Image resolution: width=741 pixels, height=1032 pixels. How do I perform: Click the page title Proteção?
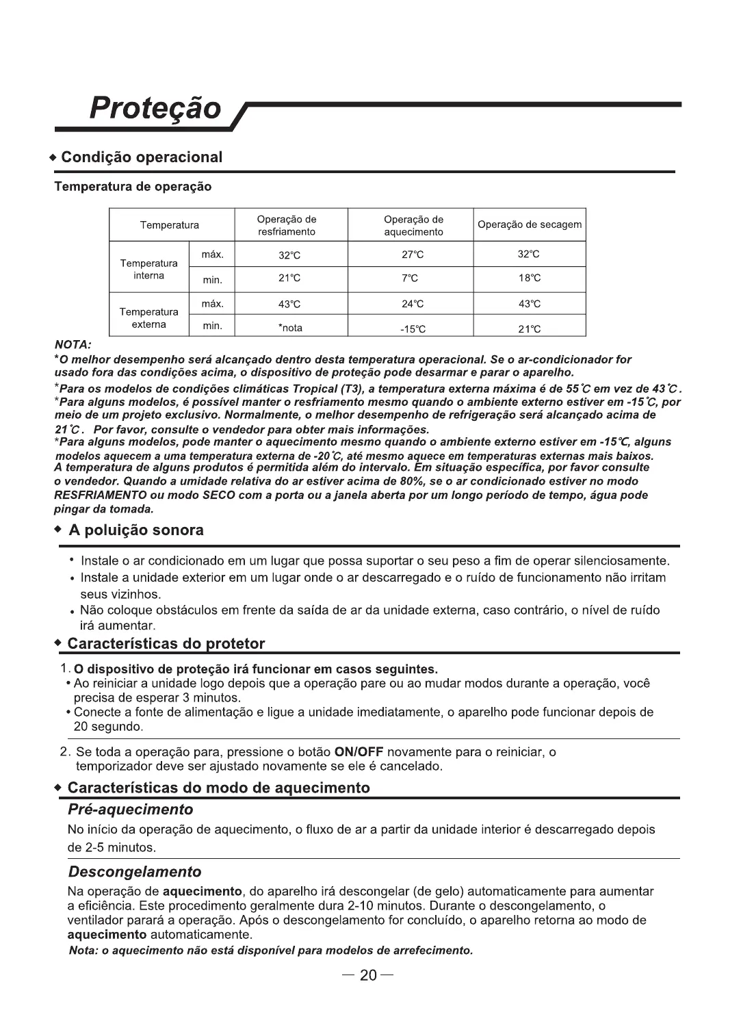[x=156, y=108]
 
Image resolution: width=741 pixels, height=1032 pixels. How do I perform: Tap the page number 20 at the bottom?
[x=369, y=975]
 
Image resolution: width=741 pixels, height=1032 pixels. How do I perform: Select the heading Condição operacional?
[x=142, y=157]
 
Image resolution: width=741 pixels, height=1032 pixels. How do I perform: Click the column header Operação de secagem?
[x=530, y=225]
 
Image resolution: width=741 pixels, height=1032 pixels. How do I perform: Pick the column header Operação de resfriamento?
[x=287, y=226]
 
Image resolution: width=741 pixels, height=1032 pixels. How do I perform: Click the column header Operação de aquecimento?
[x=413, y=226]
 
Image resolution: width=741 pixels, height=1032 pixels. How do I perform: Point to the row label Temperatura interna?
[x=148, y=270]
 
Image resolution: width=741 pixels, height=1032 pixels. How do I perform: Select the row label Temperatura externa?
[x=148, y=318]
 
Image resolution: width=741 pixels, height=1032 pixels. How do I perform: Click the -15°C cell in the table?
[x=413, y=329]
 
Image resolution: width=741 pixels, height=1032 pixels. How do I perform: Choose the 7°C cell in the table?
[x=410, y=279]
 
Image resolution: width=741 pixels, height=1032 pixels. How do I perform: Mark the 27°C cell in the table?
[x=413, y=255]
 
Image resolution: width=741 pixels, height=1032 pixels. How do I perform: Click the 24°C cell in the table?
[x=413, y=305]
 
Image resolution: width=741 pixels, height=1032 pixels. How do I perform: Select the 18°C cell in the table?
[x=529, y=279]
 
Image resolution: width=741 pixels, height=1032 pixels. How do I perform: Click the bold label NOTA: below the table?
[x=73, y=345]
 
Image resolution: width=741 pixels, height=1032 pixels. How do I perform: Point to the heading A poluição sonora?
[x=135, y=530]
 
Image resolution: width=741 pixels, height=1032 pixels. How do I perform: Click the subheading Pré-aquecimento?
[x=130, y=810]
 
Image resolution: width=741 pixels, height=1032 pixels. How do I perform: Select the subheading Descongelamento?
[x=135, y=872]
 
